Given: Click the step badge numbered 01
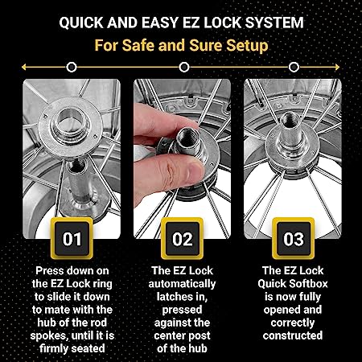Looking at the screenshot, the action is coord(72,238).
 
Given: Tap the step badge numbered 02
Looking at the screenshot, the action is coord(182,238).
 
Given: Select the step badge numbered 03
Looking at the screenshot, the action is coord(294,238).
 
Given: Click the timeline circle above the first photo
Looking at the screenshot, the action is coord(72,67).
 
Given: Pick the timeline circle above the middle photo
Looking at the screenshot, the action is coord(184,67).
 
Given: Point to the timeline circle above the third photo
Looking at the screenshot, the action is coord(294,67).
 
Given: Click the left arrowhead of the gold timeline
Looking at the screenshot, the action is coord(23,67).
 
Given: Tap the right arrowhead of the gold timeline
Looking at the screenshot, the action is coord(337,67).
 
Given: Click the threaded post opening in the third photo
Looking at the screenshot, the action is coord(290,117).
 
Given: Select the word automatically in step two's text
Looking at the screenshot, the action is coord(182,284).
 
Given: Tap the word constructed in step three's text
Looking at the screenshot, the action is coord(293,335).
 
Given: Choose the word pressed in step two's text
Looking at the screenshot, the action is coord(182,310).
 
